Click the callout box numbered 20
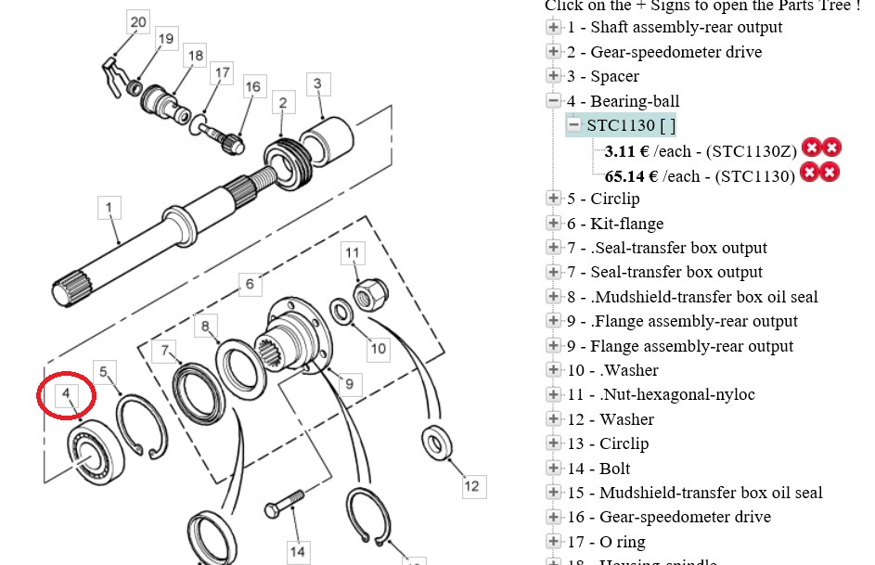(x=137, y=22)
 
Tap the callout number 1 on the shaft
(x=109, y=207)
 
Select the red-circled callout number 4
(x=66, y=395)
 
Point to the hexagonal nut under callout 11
(x=370, y=291)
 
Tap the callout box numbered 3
(x=317, y=83)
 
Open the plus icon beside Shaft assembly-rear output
(x=554, y=27)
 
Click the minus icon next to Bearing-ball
(x=554, y=101)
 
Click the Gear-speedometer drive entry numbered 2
(x=664, y=52)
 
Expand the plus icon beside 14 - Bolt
(x=554, y=469)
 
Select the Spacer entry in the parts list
(x=603, y=76)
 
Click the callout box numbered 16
(x=253, y=87)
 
